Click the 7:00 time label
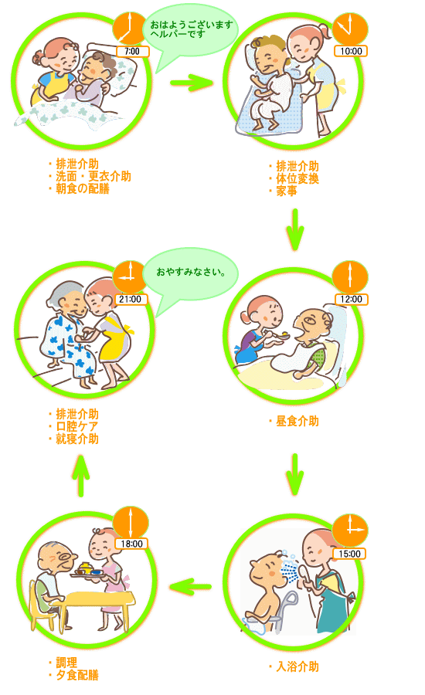tap(132, 52)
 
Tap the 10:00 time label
tap(351, 52)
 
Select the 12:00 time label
tap(351, 299)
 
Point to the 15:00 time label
tap(349, 554)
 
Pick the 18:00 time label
tap(132, 544)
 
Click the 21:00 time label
tap(130, 299)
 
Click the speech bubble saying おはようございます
tap(191, 32)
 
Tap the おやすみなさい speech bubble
tap(191, 275)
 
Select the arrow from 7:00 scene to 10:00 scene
tap(192, 83)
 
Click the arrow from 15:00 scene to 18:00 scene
tap(191, 587)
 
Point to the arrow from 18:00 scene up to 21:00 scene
tap(80, 476)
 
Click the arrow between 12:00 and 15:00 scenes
tap(295, 474)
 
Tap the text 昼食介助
tap(297, 421)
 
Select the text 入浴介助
tap(297, 666)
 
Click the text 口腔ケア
tap(77, 426)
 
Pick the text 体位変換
tap(297, 178)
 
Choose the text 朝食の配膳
tap(83, 189)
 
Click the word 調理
tap(66, 663)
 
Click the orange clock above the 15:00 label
tap(351, 530)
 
